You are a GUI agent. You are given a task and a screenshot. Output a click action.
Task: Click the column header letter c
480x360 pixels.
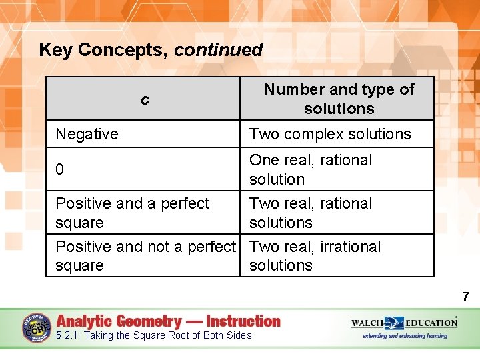[145, 100]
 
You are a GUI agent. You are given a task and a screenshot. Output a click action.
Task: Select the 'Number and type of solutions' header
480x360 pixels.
[339, 99]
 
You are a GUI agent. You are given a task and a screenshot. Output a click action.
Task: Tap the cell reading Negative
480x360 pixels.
[87, 134]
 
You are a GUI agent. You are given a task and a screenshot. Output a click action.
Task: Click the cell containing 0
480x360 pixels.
[60, 170]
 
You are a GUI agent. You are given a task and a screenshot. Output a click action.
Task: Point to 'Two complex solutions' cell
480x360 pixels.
[330, 134]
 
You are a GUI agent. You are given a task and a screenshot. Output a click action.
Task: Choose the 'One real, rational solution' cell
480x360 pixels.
[311, 169]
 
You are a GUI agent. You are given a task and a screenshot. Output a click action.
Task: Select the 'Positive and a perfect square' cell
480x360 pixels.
[132, 213]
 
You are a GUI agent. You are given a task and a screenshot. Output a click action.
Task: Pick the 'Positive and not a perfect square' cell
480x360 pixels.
[145, 256]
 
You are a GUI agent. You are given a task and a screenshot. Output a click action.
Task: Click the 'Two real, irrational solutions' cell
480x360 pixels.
[315, 256]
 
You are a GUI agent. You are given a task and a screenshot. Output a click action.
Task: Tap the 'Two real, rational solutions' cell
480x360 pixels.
[311, 213]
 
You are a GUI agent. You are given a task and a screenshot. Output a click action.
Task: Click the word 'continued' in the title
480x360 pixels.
[219, 50]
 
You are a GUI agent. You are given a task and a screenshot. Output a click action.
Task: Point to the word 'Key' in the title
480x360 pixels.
[55, 50]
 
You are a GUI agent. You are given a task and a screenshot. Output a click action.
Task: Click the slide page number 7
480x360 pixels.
[465, 297]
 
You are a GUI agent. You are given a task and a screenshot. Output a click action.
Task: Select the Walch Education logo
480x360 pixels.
[404, 323]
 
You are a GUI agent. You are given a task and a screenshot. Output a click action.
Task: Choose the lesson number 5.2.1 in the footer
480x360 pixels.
[69, 335]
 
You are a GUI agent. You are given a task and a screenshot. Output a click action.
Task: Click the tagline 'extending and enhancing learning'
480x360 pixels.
[405, 336]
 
